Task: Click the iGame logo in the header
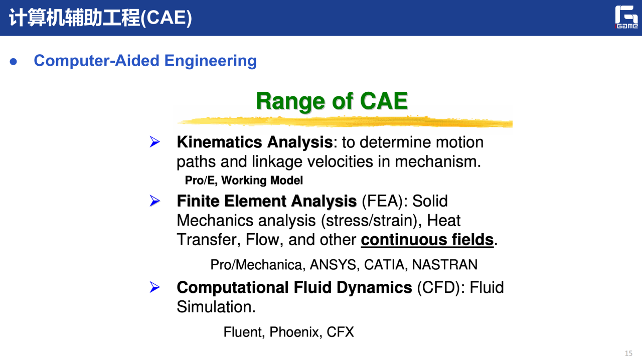click(x=626, y=17)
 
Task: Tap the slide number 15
click(x=628, y=353)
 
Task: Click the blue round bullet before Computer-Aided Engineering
click(x=13, y=62)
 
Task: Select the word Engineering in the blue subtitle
click(x=210, y=61)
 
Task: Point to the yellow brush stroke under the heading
click(x=345, y=121)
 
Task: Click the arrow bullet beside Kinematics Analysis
click(x=155, y=141)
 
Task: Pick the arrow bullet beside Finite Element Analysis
click(x=155, y=201)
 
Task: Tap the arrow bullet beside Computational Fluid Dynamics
click(x=155, y=287)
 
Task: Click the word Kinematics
click(x=220, y=142)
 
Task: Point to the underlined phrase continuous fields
click(x=427, y=240)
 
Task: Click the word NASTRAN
click(x=444, y=265)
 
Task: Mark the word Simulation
click(x=216, y=307)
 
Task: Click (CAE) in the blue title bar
click(x=166, y=18)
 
